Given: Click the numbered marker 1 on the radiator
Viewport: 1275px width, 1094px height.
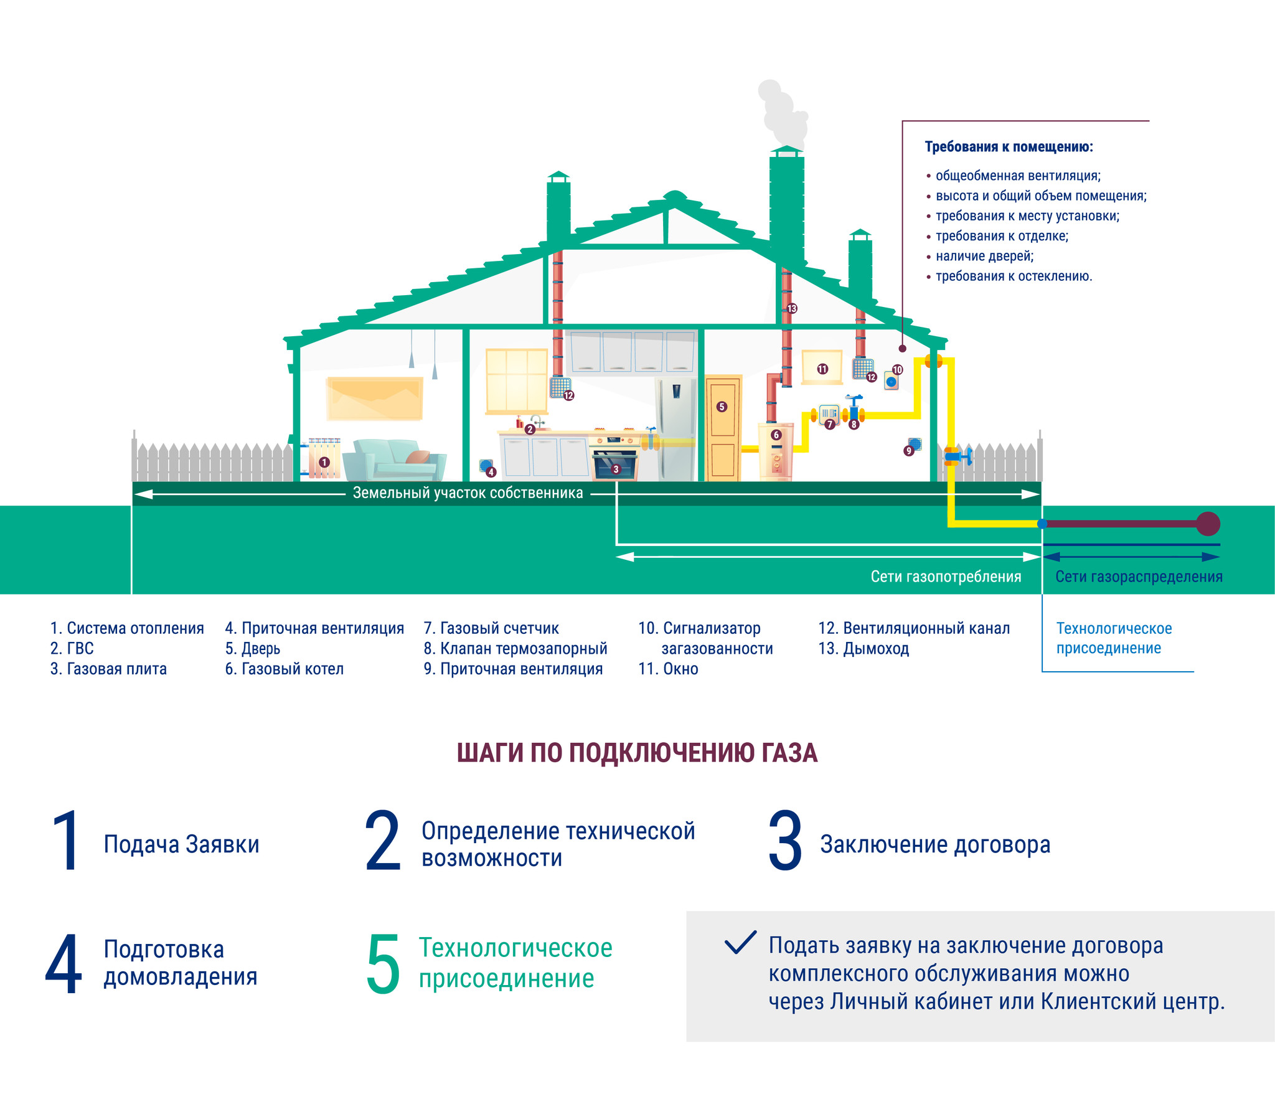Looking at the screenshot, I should click(324, 463).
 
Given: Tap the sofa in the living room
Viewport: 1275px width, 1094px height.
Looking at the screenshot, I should click(393, 460).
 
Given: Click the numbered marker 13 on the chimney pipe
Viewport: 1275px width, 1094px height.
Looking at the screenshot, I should click(792, 309).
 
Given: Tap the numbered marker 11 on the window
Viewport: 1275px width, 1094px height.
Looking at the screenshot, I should click(822, 369).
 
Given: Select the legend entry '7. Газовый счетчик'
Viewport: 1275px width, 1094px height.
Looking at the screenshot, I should click(491, 628).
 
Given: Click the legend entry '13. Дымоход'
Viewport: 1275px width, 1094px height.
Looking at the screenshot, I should click(863, 649).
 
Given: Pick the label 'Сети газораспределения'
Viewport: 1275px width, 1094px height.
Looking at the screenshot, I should click(1139, 577).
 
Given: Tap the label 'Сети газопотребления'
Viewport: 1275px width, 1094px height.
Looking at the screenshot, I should click(946, 577).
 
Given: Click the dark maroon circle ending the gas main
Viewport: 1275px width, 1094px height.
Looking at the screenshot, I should click(1208, 524).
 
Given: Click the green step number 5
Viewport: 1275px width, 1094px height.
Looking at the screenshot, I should click(383, 963).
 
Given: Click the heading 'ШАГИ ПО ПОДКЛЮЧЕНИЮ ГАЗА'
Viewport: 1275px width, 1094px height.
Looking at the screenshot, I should click(637, 753).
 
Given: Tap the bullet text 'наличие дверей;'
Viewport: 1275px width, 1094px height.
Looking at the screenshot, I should click(984, 256).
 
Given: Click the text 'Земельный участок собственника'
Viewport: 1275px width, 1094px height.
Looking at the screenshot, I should click(468, 493).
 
